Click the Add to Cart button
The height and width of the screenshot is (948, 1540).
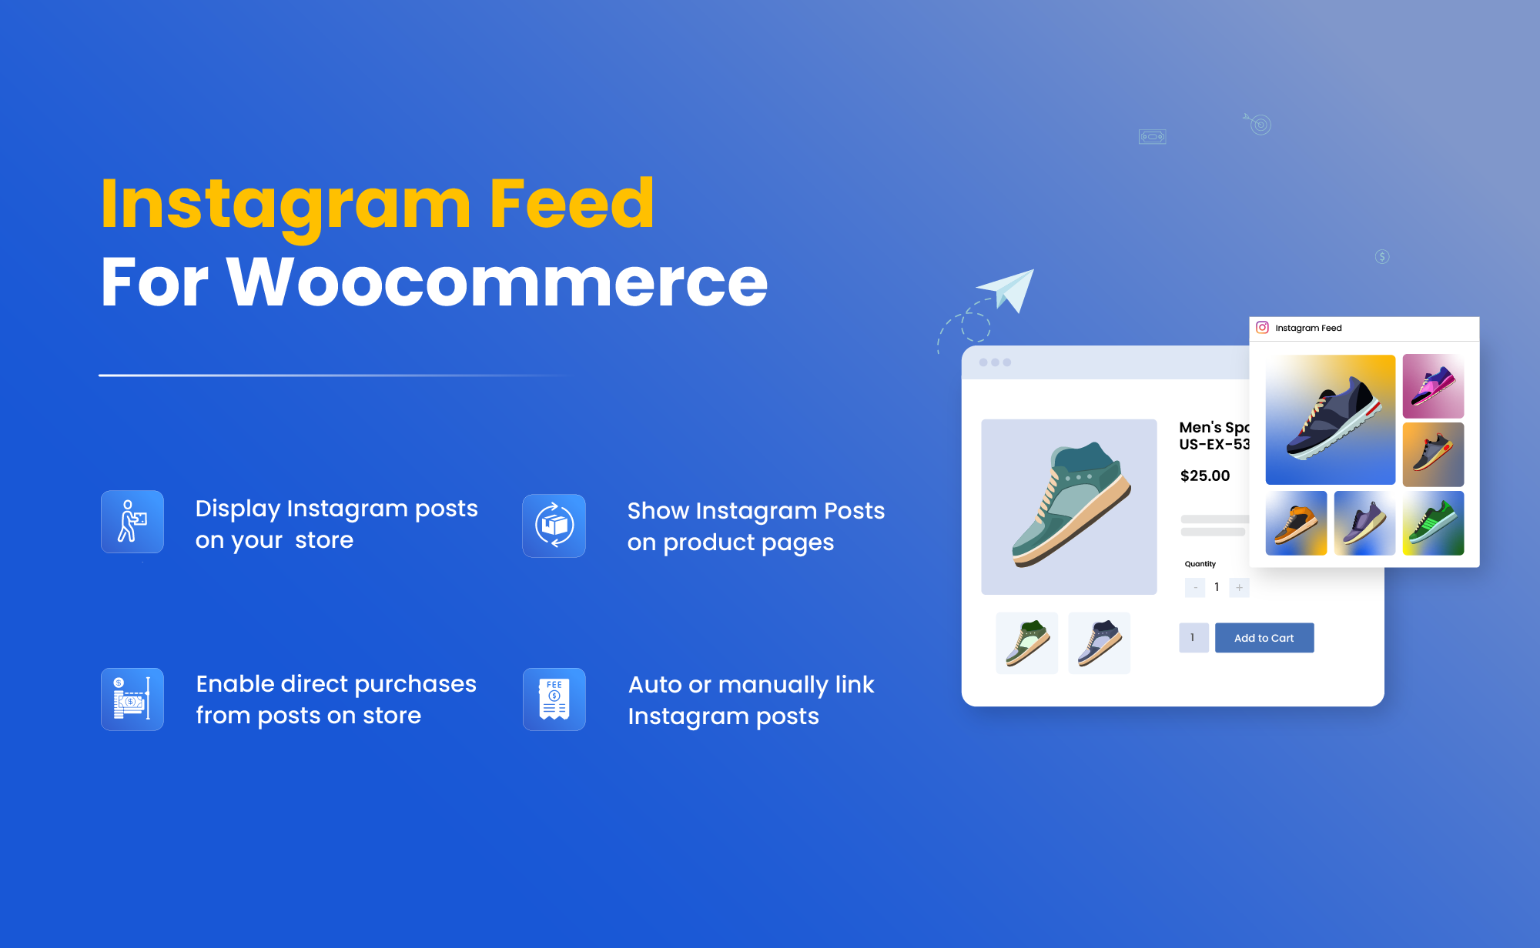point(1264,638)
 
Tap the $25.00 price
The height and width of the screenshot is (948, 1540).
point(1205,476)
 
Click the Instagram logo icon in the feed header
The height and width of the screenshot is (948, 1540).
point(1262,328)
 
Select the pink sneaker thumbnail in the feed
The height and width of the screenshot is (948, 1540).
point(1433,386)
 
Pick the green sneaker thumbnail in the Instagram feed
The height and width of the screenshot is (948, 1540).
point(1433,523)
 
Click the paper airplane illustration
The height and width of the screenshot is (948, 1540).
point(1006,290)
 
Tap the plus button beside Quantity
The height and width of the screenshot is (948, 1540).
point(1239,588)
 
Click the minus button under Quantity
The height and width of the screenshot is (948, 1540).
point(1195,588)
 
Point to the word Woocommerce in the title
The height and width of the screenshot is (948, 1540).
point(497,282)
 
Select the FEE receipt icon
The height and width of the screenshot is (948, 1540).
point(554,699)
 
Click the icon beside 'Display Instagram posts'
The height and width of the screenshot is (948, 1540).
point(132,522)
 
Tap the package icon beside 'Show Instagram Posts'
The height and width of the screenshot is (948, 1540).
point(554,526)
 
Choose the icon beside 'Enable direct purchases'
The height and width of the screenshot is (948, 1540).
point(132,699)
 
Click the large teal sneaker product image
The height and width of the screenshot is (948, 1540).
point(1069,507)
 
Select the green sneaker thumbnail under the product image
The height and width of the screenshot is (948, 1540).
point(1026,643)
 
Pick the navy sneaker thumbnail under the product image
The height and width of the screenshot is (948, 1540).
point(1099,643)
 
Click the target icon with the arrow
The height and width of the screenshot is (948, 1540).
point(1258,124)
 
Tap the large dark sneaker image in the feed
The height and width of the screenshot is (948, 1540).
point(1331,419)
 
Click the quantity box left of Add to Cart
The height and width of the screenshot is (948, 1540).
point(1193,638)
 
